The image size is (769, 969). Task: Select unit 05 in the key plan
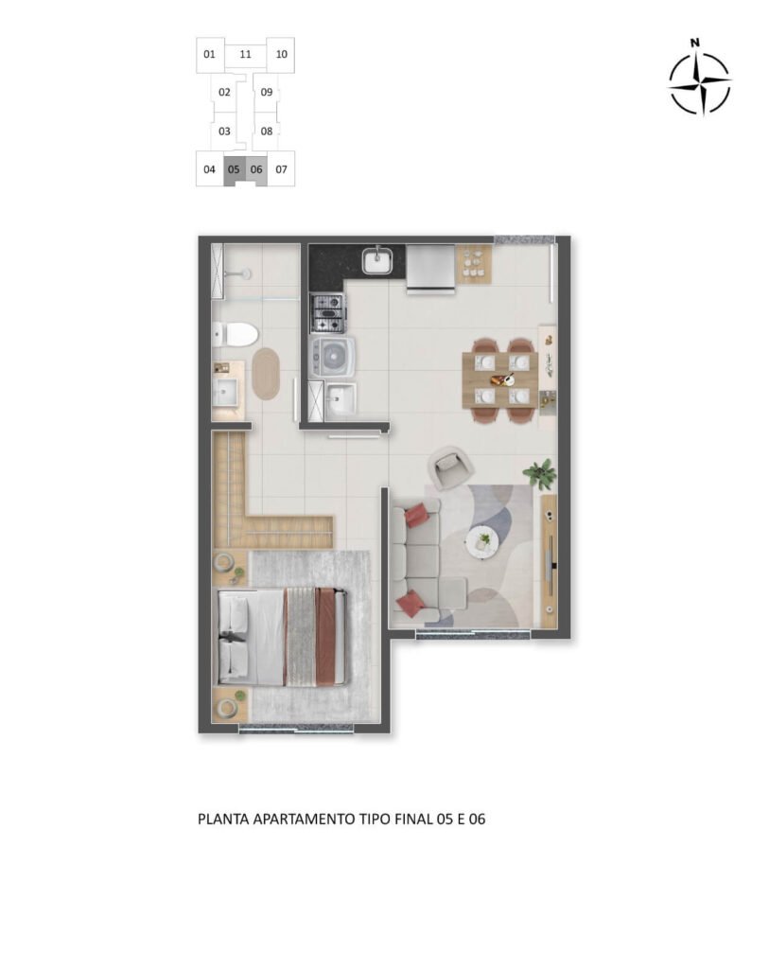[234, 170]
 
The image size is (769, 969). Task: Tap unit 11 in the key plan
[245, 54]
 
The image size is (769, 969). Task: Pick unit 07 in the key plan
[281, 170]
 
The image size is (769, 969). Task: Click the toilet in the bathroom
[236, 334]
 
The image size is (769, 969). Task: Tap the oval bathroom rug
[267, 373]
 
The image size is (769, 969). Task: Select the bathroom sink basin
[227, 392]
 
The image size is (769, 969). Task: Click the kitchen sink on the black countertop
[378, 259]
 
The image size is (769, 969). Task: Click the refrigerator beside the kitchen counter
[430, 268]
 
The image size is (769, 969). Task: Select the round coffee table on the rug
[482, 541]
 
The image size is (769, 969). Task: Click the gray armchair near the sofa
[450, 467]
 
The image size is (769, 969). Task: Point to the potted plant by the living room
[541, 472]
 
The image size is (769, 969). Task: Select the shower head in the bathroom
[246, 273]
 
